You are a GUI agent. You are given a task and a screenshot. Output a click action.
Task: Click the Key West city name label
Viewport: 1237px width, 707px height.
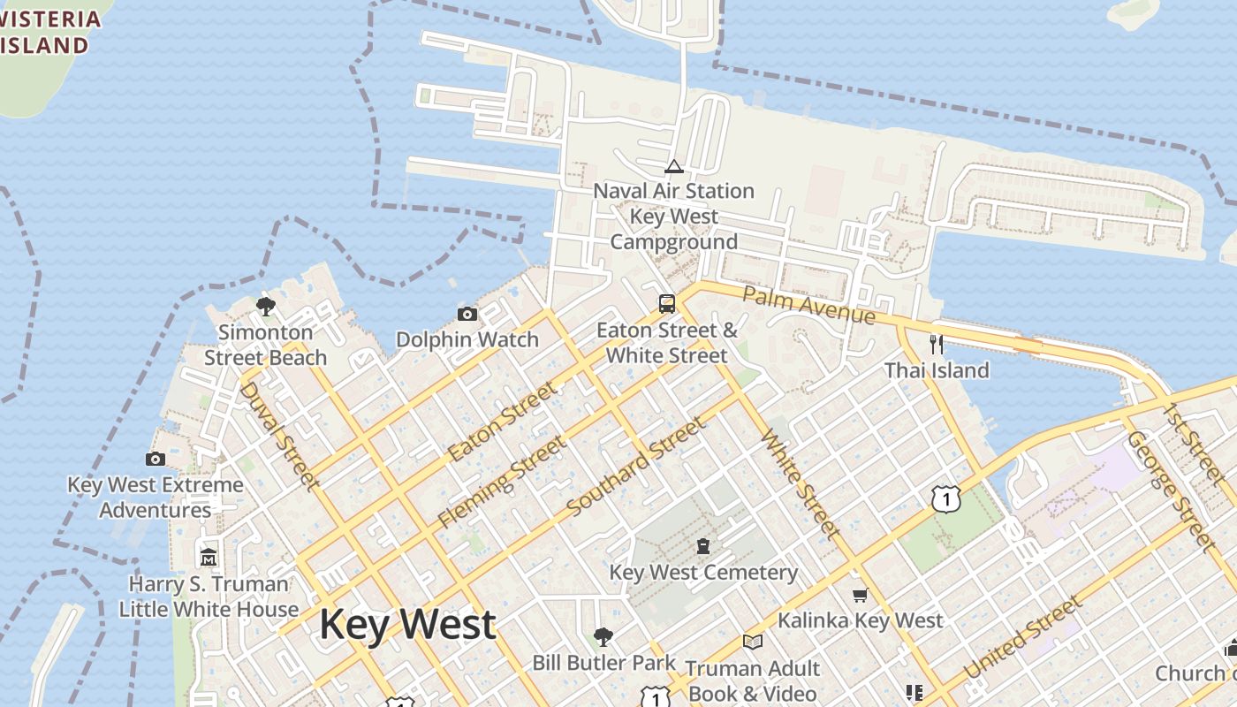point(407,624)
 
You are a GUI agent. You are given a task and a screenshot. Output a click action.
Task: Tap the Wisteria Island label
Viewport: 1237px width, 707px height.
point(44,32)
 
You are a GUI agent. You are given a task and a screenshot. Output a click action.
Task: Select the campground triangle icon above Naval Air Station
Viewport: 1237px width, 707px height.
point(674,166)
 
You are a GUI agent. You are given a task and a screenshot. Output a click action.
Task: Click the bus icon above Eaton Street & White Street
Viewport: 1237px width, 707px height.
point(667,304)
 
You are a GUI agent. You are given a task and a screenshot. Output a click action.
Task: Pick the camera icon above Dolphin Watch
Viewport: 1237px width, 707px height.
point(467,314)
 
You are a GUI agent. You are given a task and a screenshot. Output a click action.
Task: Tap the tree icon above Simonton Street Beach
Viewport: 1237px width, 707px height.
point(265,307)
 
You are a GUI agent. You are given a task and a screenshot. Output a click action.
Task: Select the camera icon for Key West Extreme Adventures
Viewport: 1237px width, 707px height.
point(156,459)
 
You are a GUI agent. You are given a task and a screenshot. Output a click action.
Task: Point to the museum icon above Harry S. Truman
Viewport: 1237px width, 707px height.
point(209,558)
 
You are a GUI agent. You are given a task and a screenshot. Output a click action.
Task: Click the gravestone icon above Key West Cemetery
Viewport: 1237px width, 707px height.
point(703,546)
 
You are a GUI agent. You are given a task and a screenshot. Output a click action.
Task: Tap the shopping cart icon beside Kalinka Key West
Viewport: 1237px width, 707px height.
point(860,595)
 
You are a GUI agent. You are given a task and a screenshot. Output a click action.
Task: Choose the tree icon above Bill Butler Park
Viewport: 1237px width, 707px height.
point(603,636)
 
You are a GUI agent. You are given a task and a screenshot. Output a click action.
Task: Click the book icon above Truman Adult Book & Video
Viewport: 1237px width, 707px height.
point(753,642)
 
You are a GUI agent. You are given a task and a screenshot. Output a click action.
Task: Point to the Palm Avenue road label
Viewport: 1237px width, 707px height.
point(808,305)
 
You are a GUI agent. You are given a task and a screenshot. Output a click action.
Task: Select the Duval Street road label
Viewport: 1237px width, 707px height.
point(278,435)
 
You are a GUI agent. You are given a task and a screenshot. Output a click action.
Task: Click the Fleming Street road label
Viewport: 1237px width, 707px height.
point(502,483)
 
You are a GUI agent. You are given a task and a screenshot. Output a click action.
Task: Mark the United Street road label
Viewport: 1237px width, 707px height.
point(1023,638)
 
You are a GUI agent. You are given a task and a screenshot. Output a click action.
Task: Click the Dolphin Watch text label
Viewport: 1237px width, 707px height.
point(467,339)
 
